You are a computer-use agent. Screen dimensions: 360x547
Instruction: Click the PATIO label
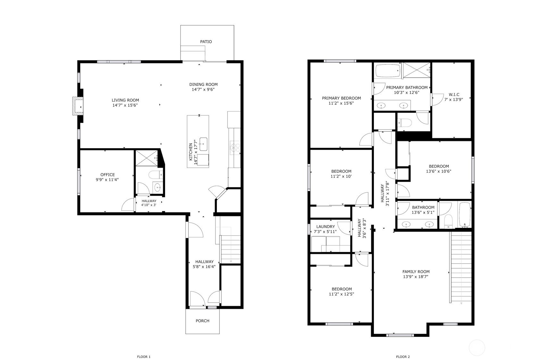(206, 42)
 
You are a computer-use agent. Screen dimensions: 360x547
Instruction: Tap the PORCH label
(202, 321)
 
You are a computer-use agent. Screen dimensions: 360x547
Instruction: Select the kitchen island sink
(203, 144)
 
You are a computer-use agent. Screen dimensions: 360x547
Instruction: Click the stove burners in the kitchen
(235, 148)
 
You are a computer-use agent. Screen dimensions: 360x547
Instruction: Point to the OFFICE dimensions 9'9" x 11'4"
(107, 180)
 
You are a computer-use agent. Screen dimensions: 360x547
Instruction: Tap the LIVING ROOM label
(125, 100)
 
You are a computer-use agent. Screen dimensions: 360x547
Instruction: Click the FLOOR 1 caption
(144, 357)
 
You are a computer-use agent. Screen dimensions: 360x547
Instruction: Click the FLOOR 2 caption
(403, 357)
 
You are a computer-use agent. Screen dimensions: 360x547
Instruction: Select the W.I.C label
(454, 95)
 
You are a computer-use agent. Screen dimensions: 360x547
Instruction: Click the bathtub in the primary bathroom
(388, 71)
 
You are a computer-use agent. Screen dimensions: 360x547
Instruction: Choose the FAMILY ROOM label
(416, 272)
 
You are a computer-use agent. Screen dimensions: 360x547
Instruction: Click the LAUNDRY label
(325, 227)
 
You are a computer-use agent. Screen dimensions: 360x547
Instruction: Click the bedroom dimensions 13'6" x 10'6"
(439, 171)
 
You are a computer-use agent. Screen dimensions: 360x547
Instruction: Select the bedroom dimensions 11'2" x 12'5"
(341, 294)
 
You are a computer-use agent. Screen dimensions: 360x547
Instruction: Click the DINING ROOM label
(203, 85)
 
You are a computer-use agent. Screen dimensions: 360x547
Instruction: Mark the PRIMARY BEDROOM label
(341, 98)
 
